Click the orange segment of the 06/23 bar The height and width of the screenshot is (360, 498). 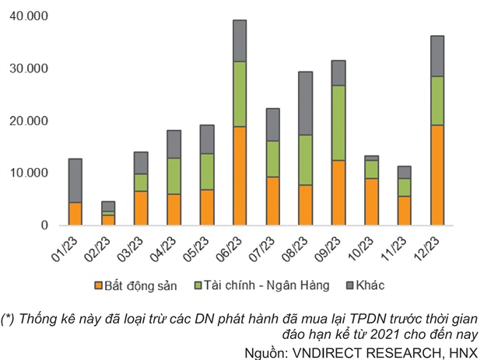(240, 176)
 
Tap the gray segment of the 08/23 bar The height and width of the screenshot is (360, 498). (305, 103)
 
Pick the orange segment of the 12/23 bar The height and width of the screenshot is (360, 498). (437, 175)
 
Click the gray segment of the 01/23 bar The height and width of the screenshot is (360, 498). (75, 180)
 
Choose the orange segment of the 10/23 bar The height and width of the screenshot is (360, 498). (371, 201)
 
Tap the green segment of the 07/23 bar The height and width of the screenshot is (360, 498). (272, 159)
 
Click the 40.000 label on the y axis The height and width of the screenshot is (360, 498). (26, 16)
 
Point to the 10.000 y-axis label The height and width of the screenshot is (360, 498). (26, 173)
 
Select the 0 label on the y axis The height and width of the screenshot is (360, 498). (44, 225)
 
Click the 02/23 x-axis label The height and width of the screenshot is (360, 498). (107, 249)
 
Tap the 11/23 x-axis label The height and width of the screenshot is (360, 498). (402, 249)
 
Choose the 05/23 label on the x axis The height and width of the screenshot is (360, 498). (205, 249)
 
